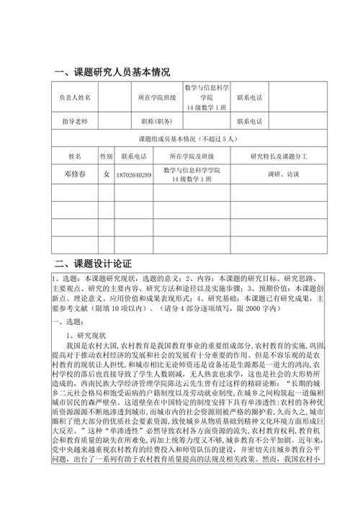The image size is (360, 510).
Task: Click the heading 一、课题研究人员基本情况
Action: coord(113,71)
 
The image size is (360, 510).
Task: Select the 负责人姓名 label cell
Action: coord(75,97)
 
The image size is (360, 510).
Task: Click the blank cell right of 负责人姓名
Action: coord(114,97)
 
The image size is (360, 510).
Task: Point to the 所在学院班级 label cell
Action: coord(156,97)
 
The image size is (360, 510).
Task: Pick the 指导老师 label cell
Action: coord(75,121)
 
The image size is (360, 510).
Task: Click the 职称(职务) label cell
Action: coord(156,121)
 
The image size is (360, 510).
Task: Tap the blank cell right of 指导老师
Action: coord(114,121)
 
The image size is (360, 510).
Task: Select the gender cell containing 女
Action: coord(107,174)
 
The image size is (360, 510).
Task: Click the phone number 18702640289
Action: coord(133,174)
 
